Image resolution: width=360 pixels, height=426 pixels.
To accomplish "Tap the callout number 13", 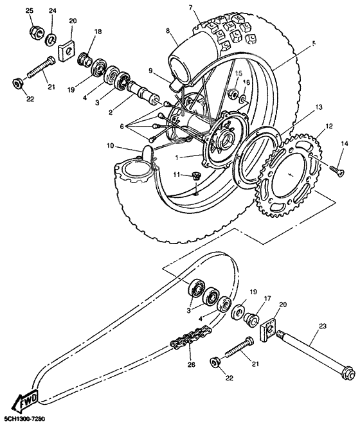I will tap(300, 109).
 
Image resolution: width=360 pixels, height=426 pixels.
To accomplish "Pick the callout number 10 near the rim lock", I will tap(111, 146).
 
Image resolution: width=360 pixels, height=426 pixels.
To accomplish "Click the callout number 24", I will tap(52, 11).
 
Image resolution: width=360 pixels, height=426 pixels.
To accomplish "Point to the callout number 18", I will tap(98, 31).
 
